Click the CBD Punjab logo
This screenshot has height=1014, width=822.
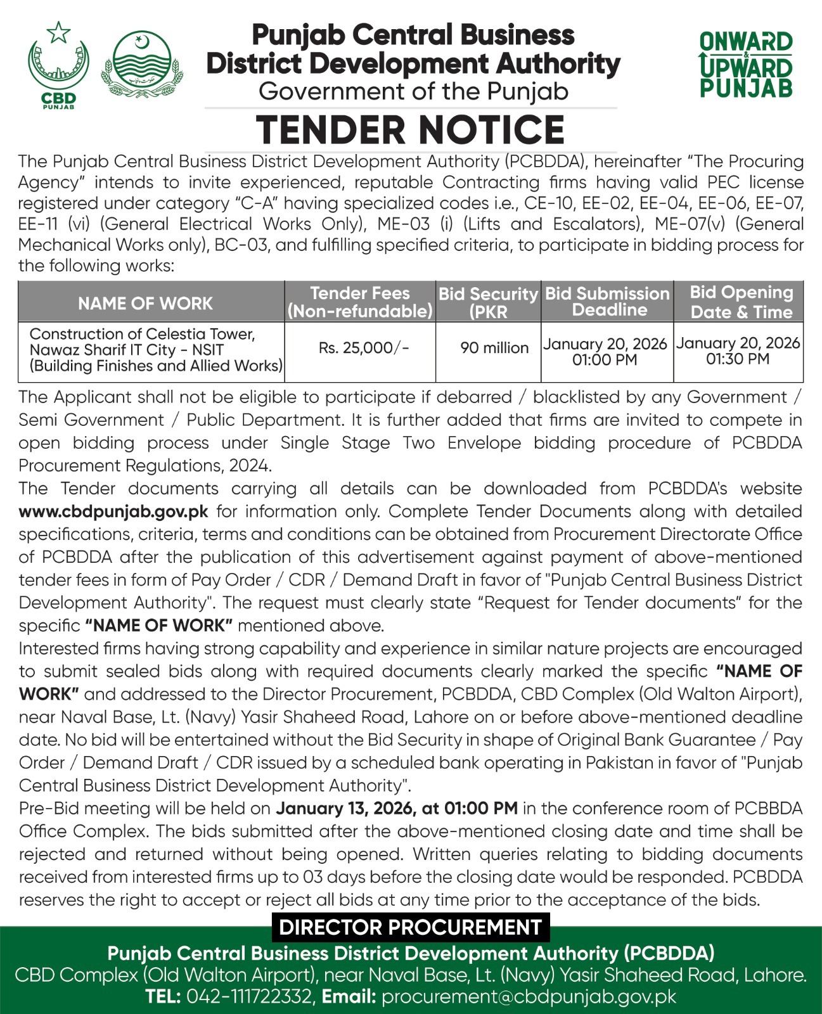[x=58, y=65]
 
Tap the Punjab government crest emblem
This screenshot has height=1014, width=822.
[x=142, y=65]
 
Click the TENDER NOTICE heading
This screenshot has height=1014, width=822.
[x=411, y=130]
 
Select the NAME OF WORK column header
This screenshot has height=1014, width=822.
[x=145, y=303]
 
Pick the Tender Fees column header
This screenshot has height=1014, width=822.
[x=360, y=302]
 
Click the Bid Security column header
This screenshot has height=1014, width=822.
[x=488, y=302]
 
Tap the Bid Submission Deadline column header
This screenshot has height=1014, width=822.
[x=607, y=302]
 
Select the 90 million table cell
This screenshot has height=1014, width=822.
[x=494, y=347]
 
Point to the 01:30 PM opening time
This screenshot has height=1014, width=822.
[x=738, y=359]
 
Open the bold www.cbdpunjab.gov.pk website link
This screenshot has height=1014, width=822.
[x=114, y=511]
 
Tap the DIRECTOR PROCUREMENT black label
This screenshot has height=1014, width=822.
[x=410, y=927]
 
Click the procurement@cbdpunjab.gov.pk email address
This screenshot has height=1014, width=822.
[x=529, y=996]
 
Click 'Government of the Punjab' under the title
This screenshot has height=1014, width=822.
[x=413, y=92]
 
